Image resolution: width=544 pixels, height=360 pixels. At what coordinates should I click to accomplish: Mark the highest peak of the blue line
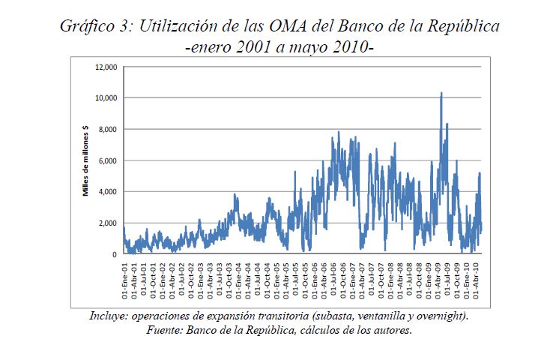click(441, 93)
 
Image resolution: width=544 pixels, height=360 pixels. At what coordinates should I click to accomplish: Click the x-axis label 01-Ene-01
click(124, 277)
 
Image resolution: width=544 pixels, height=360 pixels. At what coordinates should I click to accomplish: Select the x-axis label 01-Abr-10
click(477, 277)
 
